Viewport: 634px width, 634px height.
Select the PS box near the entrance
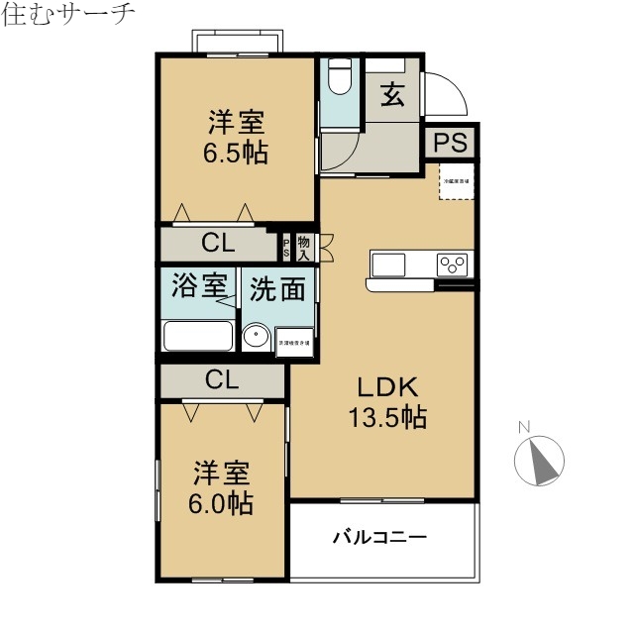pyautogui.click(x=451, y=143)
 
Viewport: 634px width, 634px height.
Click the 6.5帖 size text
pyautogui.click(x=237, y=155)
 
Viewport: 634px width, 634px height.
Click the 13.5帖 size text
pyautogui.click(x=386, y=418)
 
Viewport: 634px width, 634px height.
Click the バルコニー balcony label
pyautogui.click(x=378, y=538)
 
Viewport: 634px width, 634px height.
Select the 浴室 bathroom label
pyautogui.click(x=199, y=287)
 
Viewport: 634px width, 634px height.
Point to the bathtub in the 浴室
pyautogui.click(x=198, y=336)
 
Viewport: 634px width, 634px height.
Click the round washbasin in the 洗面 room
pyautogui.click(x=257, y=338)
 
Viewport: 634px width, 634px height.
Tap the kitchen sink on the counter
pyautogui.click(x=388, y=264)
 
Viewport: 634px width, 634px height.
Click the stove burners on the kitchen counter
pyautogui.click(x=453, y=264)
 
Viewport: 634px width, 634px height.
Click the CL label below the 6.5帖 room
pyautogui.click(x=219, y=243)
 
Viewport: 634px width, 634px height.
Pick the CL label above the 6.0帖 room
pyautogui.click(x=223, y=378)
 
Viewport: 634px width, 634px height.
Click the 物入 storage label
pyautogui.click(x=303, y=248)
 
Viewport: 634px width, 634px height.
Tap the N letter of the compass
pyautogui.click(x=525, y=428)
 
